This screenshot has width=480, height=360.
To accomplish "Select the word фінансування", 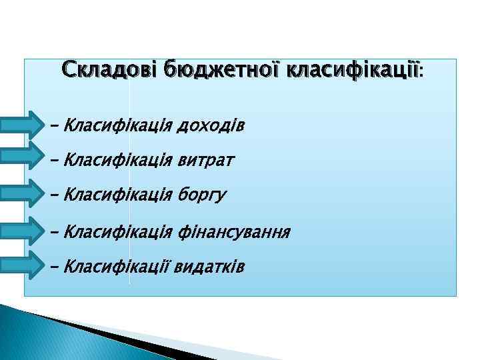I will (234, 232).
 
